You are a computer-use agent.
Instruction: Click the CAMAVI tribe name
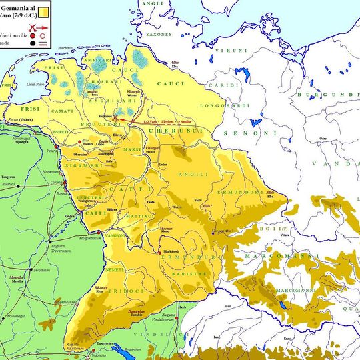[65, 111]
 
